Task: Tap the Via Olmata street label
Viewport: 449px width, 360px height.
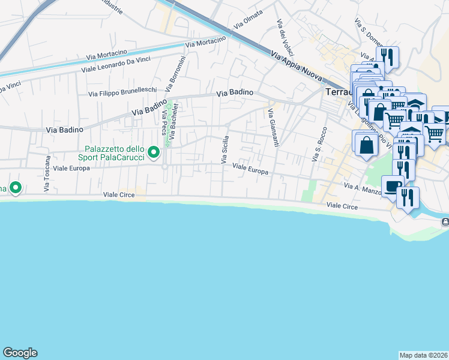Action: (x=249, y=20)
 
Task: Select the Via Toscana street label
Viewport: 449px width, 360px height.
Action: (x=46, y=174)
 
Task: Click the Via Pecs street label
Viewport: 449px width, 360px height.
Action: (x=163, y=123)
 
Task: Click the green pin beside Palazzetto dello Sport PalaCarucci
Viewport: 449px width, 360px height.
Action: (x=154, y=152)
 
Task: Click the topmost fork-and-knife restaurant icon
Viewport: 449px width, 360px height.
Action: (x=387, y=57)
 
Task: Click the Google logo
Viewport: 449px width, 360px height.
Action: (x=20, y=353)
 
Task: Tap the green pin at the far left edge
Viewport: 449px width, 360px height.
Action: (x=15, y=188)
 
